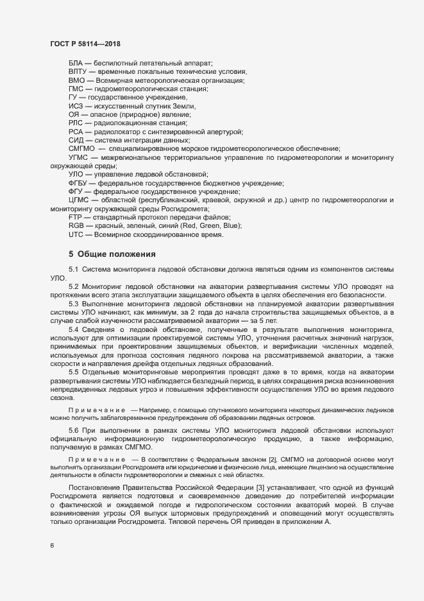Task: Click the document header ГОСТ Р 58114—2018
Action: [85, 44]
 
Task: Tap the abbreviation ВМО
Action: [76, 81]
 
